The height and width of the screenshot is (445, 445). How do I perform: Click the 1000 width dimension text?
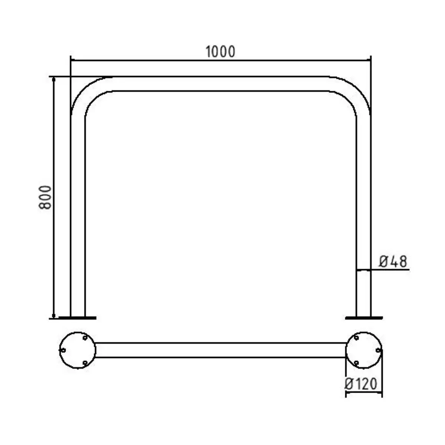click(x=220, y=52)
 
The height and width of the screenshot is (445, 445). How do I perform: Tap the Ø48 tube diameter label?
click(x=393, y=261)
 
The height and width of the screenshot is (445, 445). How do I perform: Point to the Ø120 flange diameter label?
click(x=360, y=384)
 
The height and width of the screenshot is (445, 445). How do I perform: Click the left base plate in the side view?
click(x=78, y=318)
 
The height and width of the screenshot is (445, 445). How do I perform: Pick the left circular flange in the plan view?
click(x=78, y=350)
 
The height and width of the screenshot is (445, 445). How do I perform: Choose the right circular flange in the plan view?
click(x=364, y=350)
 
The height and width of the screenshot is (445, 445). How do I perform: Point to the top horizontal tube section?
click(x=221, y=83)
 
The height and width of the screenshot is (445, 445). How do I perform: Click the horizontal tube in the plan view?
click(x=221, y=350)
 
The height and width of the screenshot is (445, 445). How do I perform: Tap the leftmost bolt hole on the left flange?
click(x=63, y=350)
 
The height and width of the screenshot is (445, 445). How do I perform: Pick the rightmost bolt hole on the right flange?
click(x=378, y=350)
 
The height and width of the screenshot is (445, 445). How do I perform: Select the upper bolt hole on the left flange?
click(x=85, y=338)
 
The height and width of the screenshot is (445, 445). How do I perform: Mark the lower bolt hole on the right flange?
click(x=356, y=362)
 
